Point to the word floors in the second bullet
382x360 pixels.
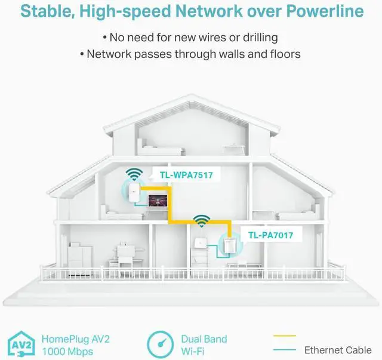(x=282, y=54)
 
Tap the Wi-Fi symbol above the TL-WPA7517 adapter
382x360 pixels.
(x=134, y=174)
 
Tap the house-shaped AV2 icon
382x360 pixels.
(x=20, y=345)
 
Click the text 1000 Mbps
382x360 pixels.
(x=67, y=350)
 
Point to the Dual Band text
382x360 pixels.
(x=204, y=339)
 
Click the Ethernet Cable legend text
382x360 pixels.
(x=338, y=350)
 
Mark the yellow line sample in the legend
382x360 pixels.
(x=284, y=337)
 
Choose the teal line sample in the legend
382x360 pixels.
(x=284, y=350)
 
